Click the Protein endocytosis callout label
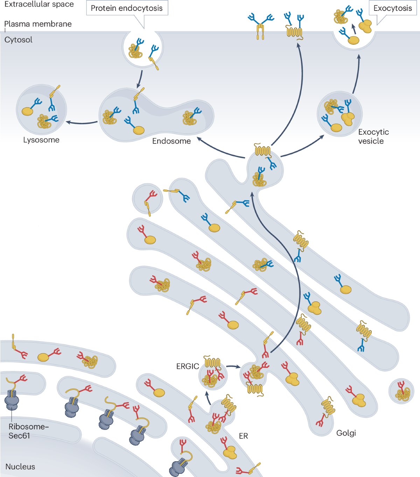[127, 8]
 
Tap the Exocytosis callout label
[392, 8]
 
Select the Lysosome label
[41, 140]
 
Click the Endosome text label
[171, 141]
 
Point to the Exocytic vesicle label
[373, 136]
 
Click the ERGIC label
[188, 366]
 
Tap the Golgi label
[346, 433]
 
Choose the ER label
[243, 436]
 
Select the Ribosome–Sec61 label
[28, 431]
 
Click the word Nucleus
[20, 467]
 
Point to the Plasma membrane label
[38, 24]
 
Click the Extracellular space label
[39, 4]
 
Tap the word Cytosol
[18, 40]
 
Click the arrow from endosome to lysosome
[82, 123]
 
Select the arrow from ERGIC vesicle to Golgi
[233, 366]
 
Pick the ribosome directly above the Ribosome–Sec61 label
[12, 400]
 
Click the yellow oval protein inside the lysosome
[27, 111]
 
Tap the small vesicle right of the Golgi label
[401, 391]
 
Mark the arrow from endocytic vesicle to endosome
[140, 79]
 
